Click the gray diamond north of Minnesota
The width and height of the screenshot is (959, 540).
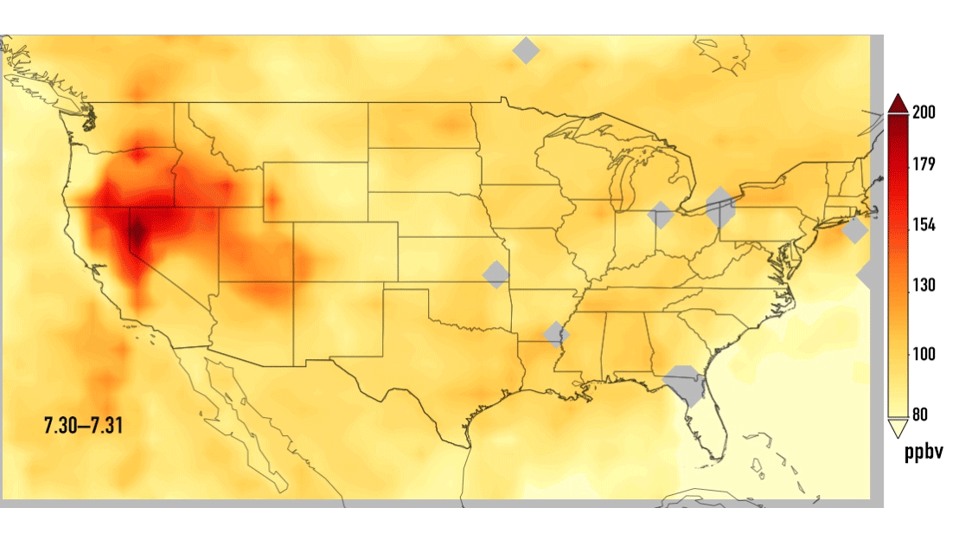click(x=526, y=50)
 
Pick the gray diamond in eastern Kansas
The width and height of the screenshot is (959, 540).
click(x=496, y=274)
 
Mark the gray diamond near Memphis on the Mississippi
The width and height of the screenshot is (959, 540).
click(x=557, y=334)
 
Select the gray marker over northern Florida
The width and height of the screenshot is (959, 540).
click(x=684, y=384)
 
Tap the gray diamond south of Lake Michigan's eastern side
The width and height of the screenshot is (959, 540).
click(x=661, y=215)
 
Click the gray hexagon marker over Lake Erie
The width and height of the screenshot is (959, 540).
click(x=719, y=208)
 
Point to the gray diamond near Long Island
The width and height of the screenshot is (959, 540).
click(x=854, y=231)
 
